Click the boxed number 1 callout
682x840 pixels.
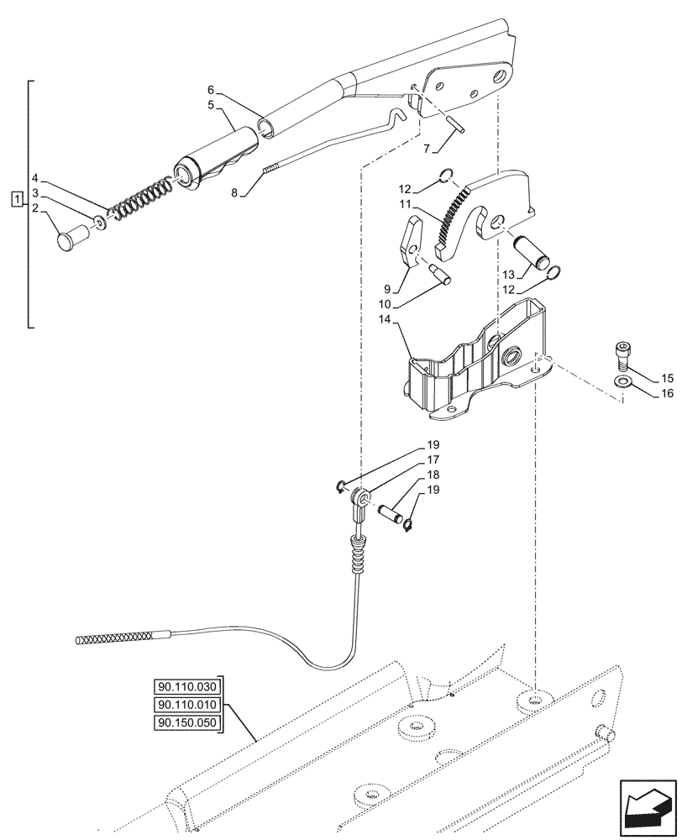click(16, 199)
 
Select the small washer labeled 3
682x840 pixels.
click(100, 223)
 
